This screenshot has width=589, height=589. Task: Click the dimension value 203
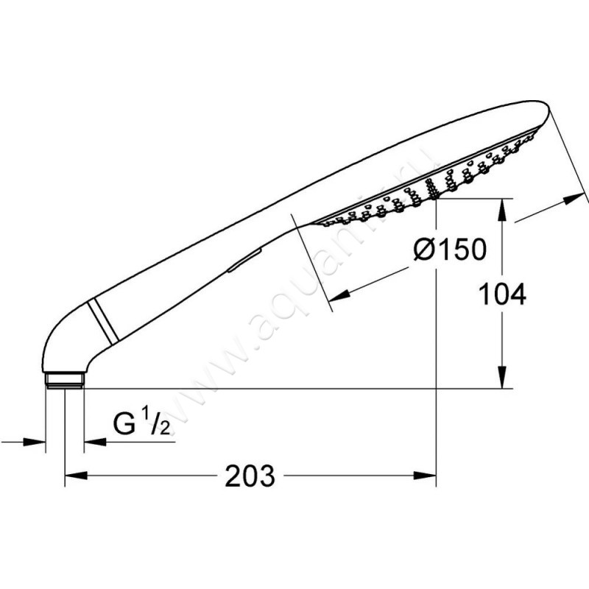coord(250,476)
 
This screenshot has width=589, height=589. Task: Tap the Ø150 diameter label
coord(450,249)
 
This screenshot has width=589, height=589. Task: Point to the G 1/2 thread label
coord(142,425)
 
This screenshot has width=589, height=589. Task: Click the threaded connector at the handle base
coord(65,380)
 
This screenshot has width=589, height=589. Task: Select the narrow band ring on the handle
coord(103,320)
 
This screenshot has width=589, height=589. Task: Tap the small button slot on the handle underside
coord(244,259)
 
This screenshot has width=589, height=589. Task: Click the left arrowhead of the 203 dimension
coord(77,476)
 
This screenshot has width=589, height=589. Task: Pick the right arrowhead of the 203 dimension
coord(425,476)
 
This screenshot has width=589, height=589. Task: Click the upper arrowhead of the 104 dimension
coord(503,211)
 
